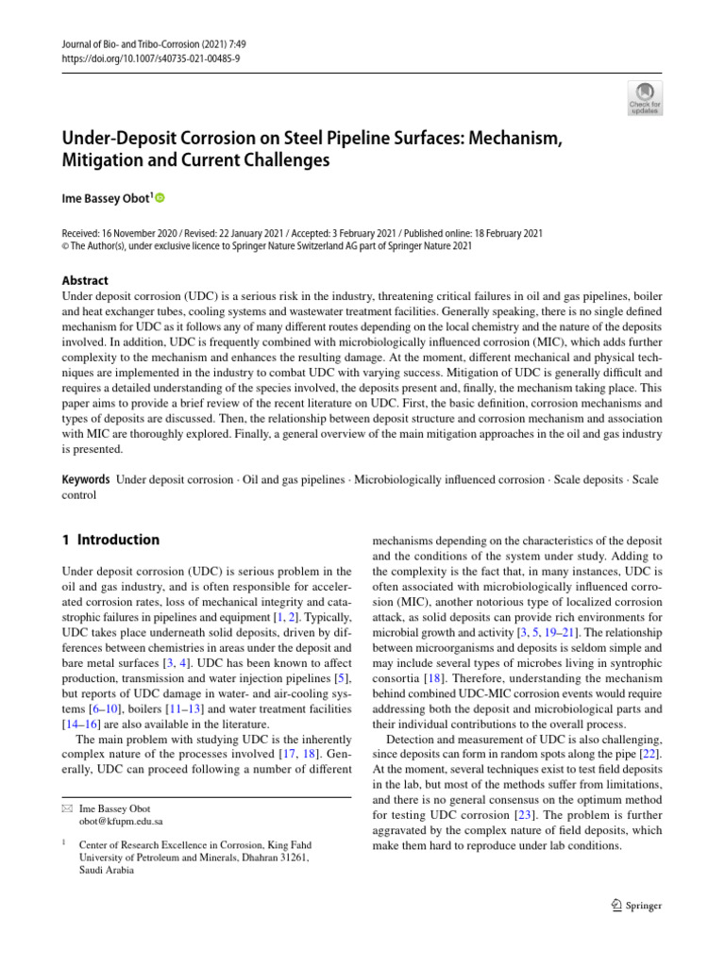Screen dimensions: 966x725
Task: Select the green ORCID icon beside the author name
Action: (x=160, y=198)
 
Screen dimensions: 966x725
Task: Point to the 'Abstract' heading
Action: (x=84, y=280)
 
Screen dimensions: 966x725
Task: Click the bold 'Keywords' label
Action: (x=85, y=480)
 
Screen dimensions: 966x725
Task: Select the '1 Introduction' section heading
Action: (x=110, y=541)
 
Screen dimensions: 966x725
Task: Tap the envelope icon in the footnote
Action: (x=66, y=808)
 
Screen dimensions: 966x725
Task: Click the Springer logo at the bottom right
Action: (x=636, y=906)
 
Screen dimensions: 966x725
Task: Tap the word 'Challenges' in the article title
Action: (x=282, y=160)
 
